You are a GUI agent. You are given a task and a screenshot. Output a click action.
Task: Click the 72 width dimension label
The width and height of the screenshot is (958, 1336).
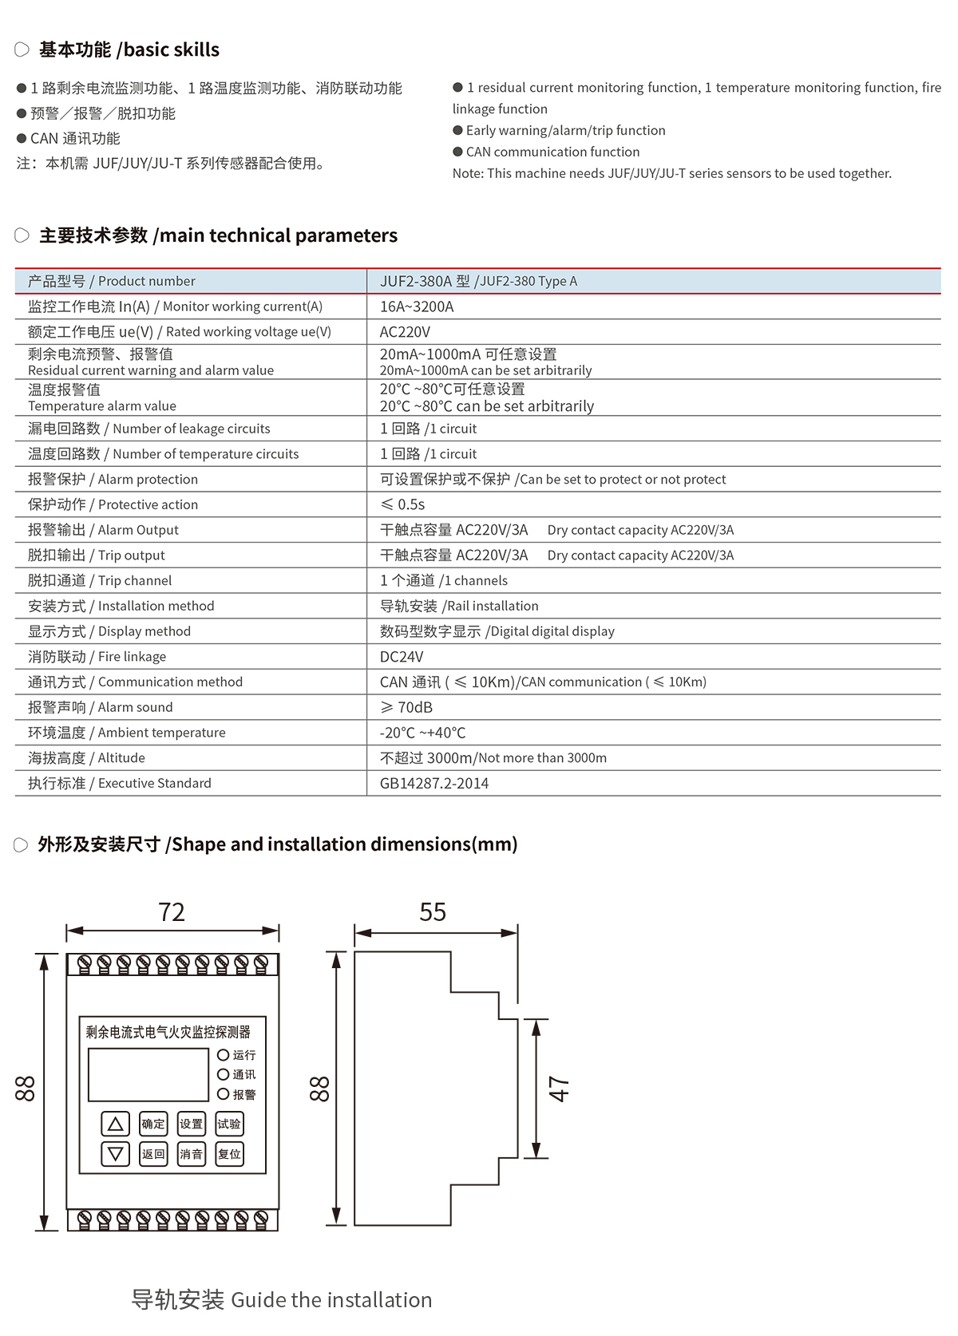172,912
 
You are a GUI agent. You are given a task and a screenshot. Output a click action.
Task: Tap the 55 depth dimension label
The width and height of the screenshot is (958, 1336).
433,912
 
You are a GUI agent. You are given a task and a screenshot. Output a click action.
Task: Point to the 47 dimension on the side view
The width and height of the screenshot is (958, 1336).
559,1089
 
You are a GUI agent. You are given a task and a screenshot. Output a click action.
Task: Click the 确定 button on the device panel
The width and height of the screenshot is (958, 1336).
153,1124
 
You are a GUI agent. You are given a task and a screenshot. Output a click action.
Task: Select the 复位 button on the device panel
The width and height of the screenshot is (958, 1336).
229,1154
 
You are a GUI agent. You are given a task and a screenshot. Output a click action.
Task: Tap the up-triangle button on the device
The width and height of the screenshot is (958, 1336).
116,1124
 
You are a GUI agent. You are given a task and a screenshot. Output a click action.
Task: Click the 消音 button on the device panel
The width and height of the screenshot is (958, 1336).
191,1154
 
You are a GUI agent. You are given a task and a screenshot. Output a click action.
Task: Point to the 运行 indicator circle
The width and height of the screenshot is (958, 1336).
224,1055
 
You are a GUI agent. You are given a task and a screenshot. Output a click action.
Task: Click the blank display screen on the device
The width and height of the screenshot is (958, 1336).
148,1074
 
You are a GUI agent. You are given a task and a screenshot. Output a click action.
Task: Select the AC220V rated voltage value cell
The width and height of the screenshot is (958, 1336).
405,332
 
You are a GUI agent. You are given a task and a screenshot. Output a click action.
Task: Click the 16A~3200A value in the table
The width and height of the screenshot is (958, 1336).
417,306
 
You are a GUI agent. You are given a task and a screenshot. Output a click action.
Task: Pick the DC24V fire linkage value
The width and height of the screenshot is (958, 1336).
402,657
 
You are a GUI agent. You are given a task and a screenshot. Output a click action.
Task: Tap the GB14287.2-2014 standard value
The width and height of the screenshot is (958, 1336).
434,784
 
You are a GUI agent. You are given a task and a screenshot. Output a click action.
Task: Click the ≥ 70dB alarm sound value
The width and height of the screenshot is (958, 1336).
406,707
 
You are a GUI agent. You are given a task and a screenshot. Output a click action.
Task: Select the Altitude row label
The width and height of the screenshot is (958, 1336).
86,758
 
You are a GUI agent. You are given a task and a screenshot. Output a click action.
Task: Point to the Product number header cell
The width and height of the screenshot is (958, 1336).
112,281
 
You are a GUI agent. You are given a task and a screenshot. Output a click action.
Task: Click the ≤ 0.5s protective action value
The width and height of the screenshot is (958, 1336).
402,504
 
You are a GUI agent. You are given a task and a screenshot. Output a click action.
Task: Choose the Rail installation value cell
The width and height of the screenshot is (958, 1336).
459,606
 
